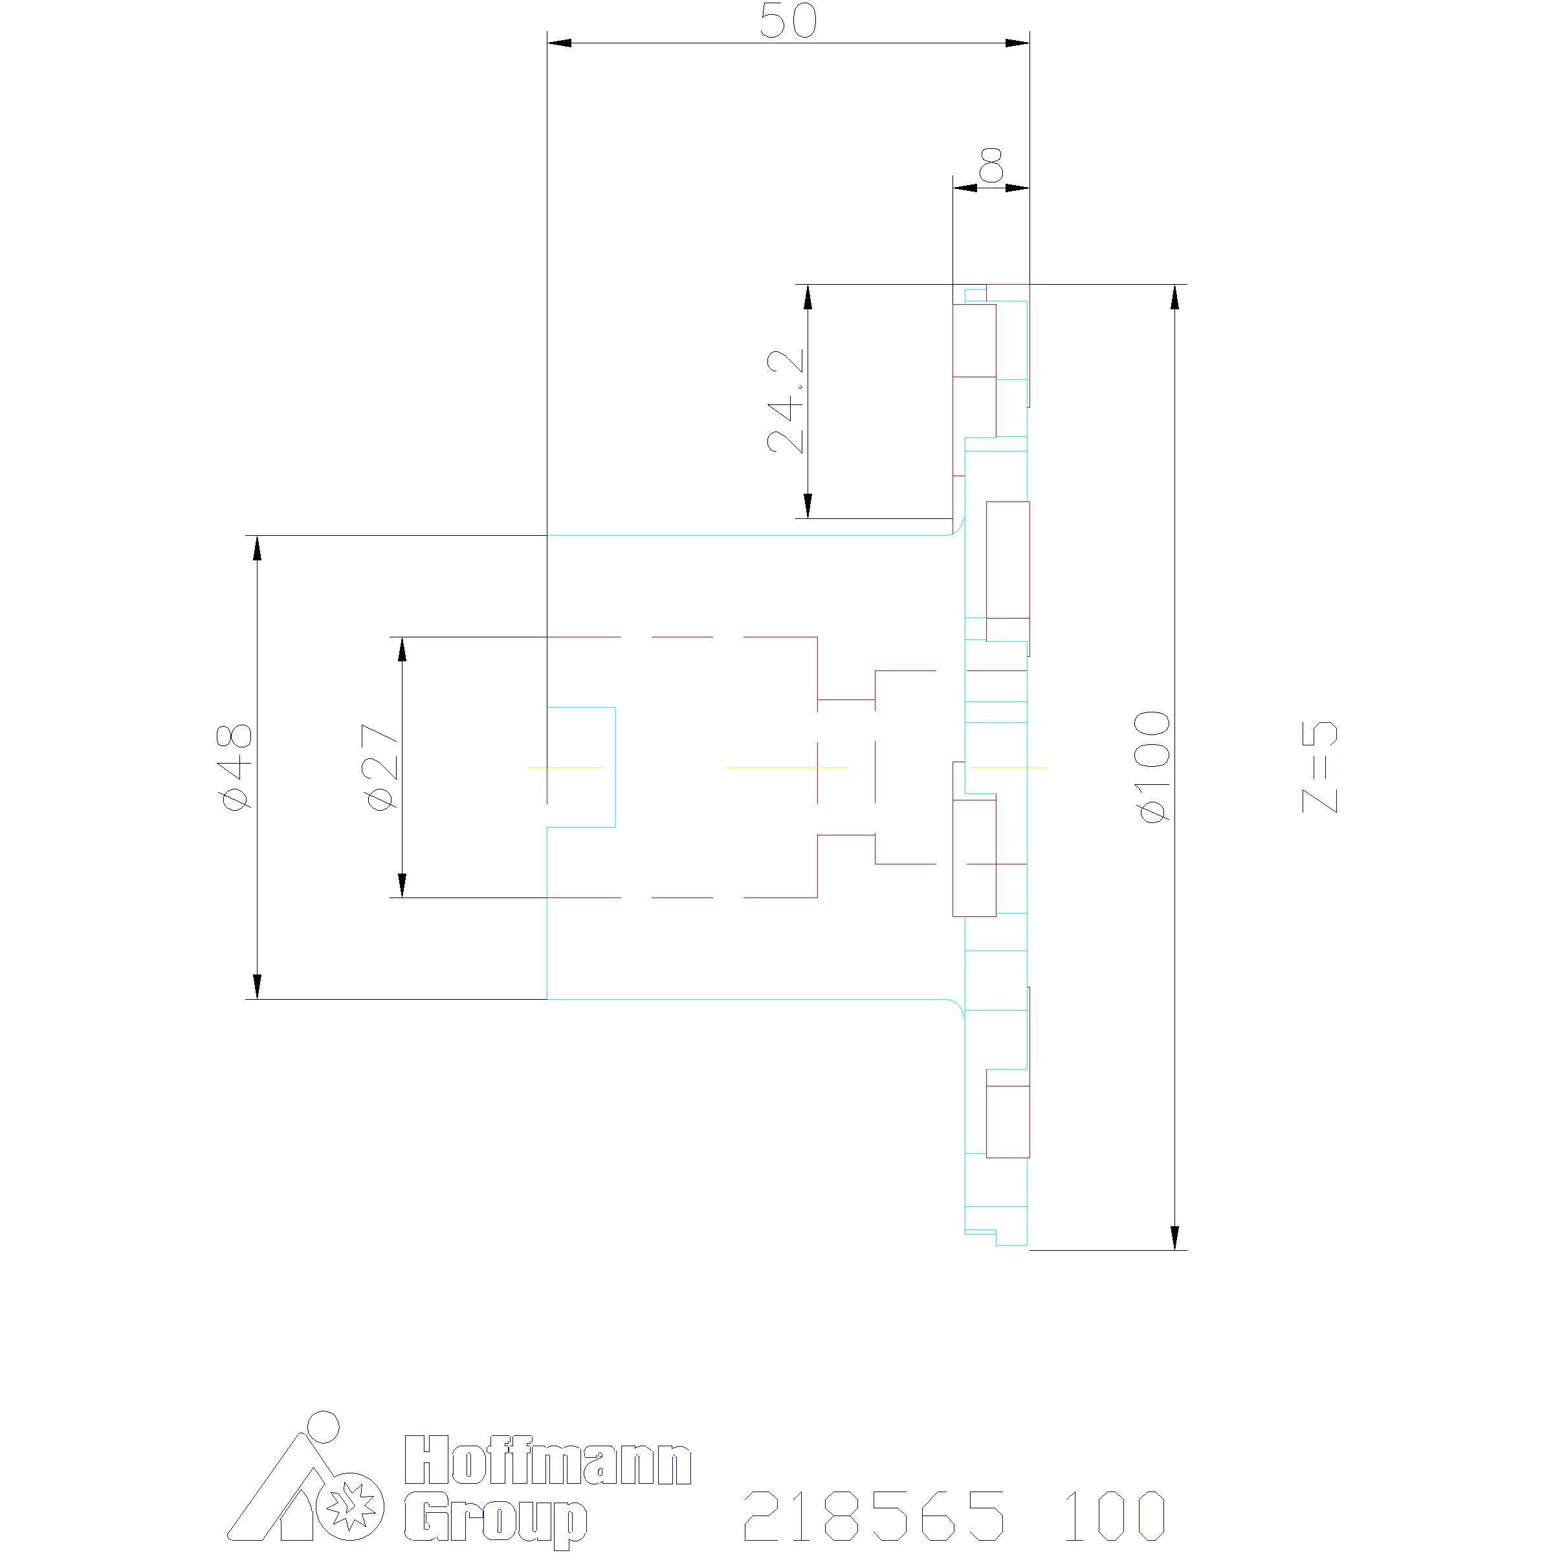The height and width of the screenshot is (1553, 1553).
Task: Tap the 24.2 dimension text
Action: point(786,402)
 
